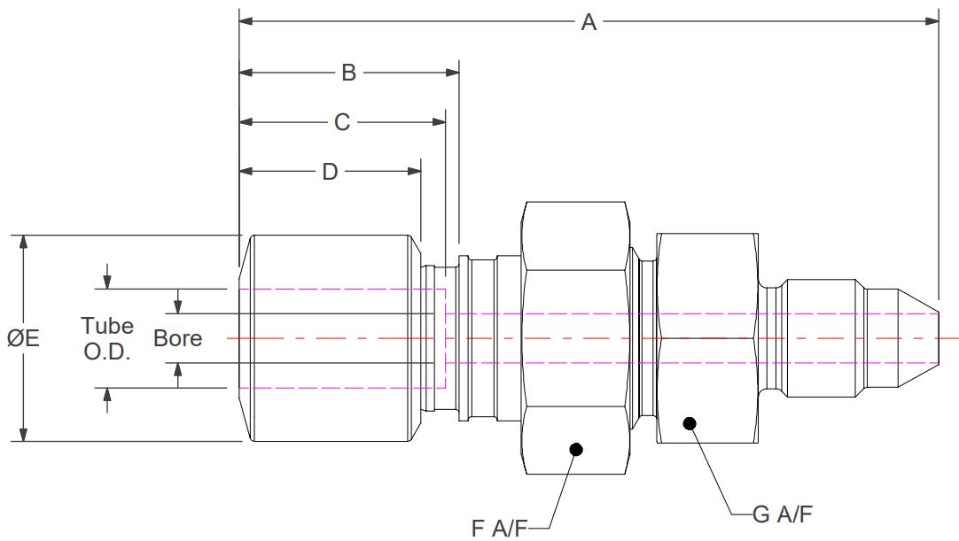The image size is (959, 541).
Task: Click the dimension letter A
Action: pos(589,22)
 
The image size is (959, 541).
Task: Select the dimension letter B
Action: pos(348,73)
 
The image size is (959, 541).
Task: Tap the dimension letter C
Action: pos(342,122)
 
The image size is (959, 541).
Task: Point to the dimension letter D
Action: pos(330,172)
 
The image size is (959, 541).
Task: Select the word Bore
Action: pos(177,338)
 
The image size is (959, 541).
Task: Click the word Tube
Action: pos(107,326)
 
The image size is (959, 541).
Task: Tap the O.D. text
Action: pos(107,352)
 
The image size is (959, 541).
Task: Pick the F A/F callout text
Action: pos(499,529)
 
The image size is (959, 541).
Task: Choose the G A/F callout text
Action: pos(782,513)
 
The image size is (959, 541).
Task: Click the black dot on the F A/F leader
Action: pos(576,449)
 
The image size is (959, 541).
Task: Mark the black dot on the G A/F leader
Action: pos(689,423)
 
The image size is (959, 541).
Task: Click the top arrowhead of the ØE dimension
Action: pos(24,242)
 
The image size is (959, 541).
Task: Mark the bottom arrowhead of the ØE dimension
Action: pos(24,434)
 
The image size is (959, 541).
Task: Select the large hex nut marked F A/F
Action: pos(576,338)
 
